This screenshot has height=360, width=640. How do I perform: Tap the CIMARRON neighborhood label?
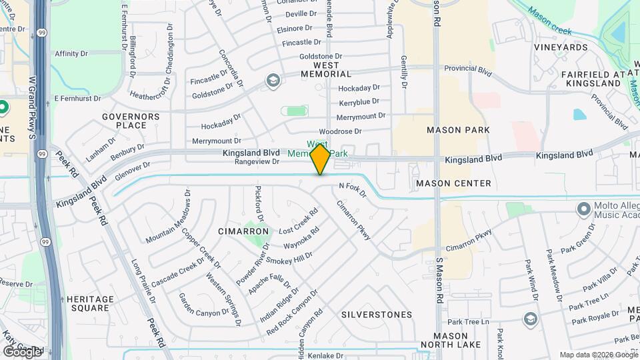point(243,231)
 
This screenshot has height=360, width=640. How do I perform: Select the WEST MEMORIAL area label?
point(323,69)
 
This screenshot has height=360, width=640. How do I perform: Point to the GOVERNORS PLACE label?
point(131,121)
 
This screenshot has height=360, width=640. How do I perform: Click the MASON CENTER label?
point(453,183)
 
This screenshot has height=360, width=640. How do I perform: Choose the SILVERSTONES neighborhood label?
point(377,315)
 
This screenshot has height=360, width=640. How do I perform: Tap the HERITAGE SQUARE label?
point(87,303)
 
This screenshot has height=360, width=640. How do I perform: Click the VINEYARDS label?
point(561,47)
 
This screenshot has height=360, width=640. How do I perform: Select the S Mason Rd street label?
point(439,273)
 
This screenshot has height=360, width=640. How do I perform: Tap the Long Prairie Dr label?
point(143,281)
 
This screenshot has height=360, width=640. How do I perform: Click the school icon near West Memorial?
point(272,81)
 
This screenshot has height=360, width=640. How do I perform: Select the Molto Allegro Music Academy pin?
point(585,209)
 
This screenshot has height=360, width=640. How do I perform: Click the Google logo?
point(22,351)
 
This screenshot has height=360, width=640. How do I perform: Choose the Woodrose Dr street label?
point(340,132)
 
